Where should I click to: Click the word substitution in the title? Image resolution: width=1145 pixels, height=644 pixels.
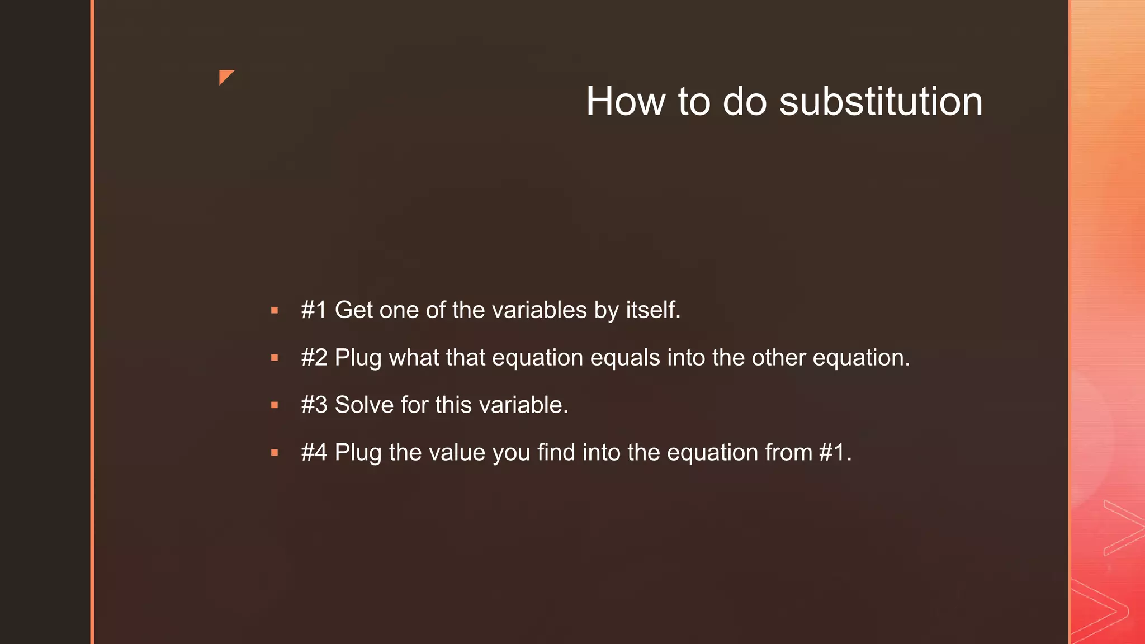(x=881, y=102)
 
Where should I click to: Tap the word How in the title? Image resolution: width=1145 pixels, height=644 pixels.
(x=626, y=102)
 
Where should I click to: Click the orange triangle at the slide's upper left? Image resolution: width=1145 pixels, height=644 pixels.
(x=225, y=77)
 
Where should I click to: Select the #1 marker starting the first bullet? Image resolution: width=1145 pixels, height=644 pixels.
(x=314, y=310)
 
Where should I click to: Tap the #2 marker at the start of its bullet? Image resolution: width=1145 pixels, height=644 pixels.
(x=314, y=358)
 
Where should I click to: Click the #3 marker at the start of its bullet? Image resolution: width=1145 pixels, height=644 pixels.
(x=314, y=405)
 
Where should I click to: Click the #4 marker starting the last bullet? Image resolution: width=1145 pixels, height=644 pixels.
(x=314, y=452)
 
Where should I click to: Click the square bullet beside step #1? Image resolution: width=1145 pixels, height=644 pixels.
(x=275, y=310)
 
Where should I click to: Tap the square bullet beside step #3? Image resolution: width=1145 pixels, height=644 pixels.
(x=275, y=405)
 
